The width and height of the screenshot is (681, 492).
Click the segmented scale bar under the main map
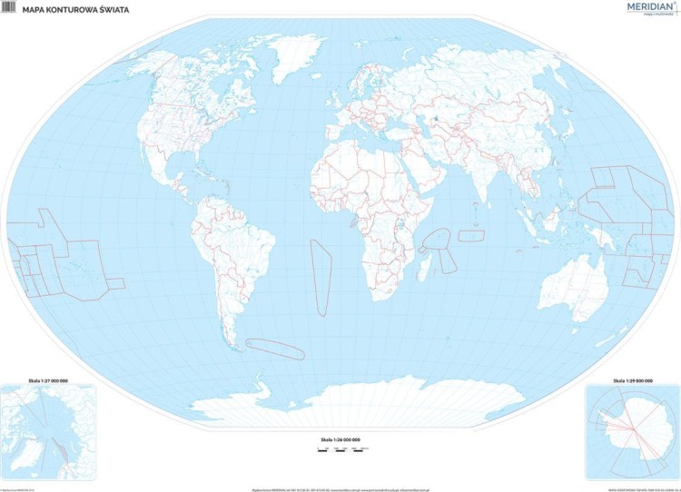point(340,448)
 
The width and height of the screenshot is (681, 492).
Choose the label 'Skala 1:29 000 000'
point(632,379)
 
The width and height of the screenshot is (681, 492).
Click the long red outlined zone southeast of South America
point(278,345)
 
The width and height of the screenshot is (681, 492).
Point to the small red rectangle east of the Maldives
point(471,235)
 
